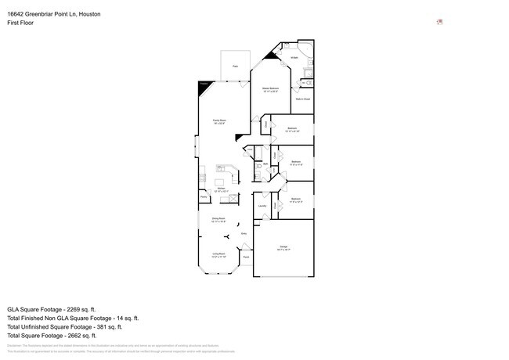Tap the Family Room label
point(220,121)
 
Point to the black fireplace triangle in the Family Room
point(203,88)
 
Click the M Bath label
point(294,58)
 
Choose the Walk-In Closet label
point(302,99)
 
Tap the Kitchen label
point(222,189)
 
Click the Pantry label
point(203,199)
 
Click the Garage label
point(282,247)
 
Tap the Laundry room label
point(262,207)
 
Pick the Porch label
point(245,257)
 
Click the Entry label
point(244,233)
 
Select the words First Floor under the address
point(20,23)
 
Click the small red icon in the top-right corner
point(439,22)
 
